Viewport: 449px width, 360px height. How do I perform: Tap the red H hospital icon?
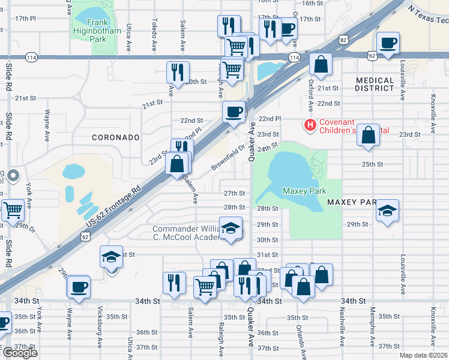coord(310,125)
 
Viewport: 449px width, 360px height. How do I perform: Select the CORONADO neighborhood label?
coord(115,137)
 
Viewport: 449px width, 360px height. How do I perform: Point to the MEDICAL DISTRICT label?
coord(382,84)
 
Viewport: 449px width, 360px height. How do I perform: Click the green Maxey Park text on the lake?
coord(304,191)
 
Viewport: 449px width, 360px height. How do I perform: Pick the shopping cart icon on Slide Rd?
coord(13,211)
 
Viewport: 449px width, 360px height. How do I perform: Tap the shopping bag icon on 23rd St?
coord(369,136)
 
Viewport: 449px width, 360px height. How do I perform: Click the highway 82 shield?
coord(343,40)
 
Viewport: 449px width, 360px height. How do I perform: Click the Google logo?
coord(20,353)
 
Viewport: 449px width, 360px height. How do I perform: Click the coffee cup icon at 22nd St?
coord(234,111)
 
